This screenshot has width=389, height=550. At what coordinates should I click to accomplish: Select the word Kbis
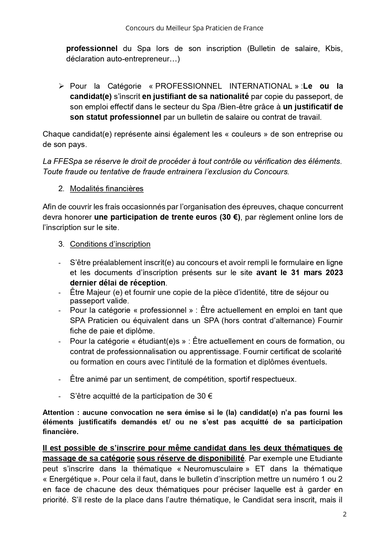pos(333,49)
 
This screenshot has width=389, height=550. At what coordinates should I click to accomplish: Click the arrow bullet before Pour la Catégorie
pos(61,86)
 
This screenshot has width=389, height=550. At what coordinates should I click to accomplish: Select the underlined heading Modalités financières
pos(107,189)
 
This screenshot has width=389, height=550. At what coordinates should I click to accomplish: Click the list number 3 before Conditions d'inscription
pos(61,244)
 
